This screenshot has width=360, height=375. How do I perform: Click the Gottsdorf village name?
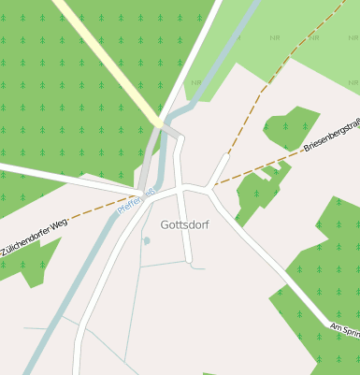click(x=184, y=224)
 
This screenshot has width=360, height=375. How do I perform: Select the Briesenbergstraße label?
click(x=332, y=137)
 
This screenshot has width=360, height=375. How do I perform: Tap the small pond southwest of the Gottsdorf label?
click(x=146, y=240)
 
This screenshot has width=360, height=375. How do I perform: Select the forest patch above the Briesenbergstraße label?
click(x=291, y=126)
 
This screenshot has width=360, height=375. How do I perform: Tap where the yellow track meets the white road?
click(x=161, y=123)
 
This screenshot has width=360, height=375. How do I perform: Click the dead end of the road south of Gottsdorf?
click(x=191, y=261)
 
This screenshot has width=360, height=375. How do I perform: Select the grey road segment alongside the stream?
click(x=148, y=168)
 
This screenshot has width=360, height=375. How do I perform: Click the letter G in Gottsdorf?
click(x=166, y=224)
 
